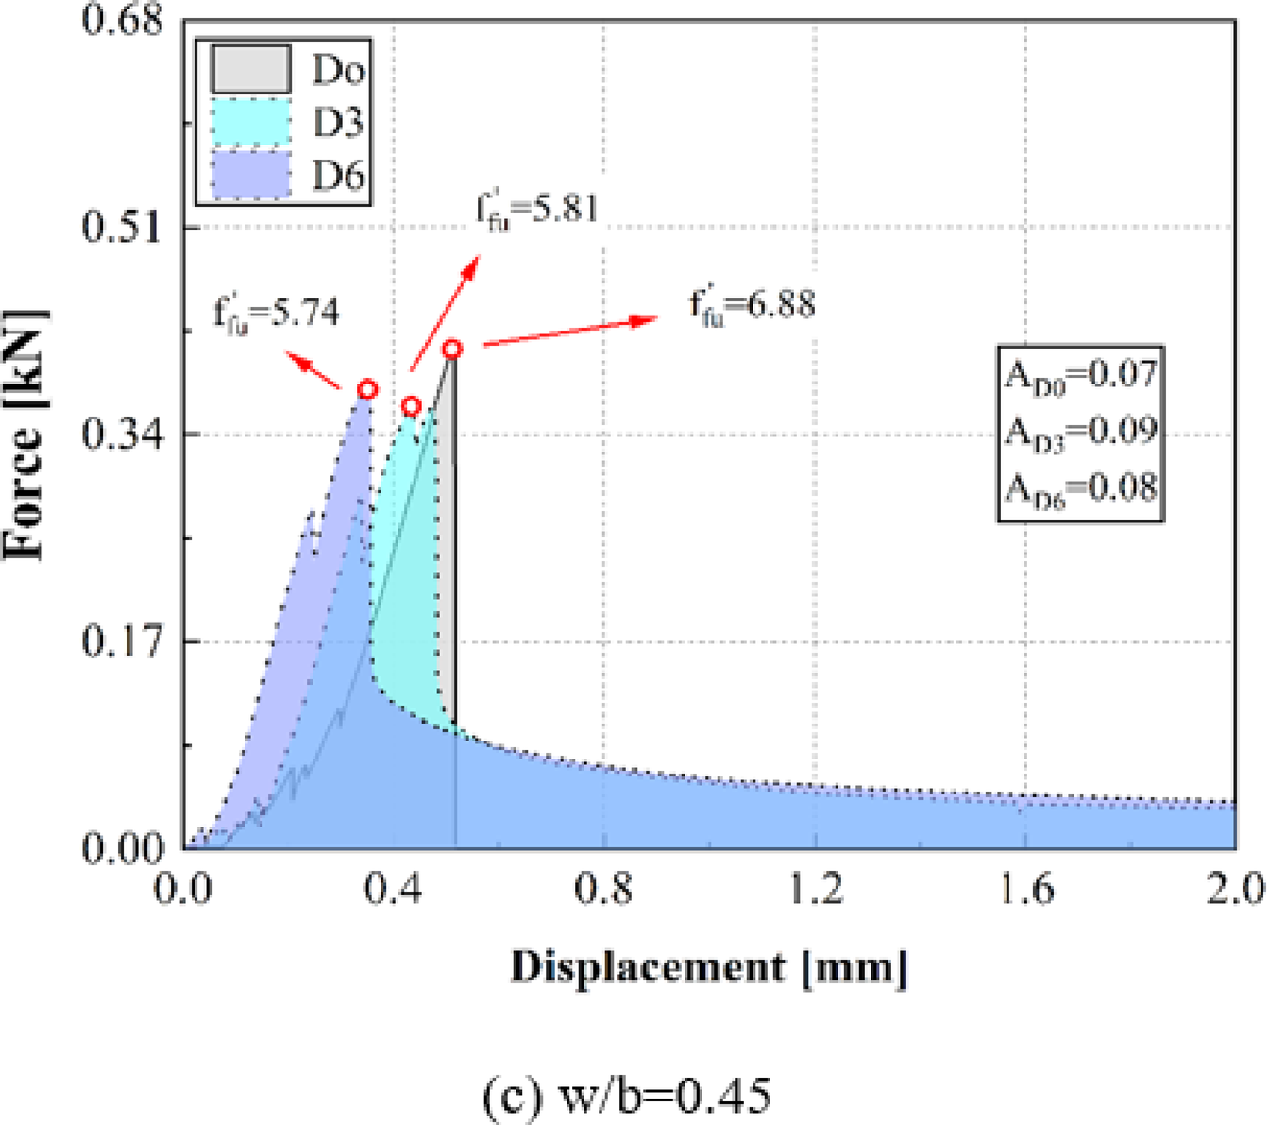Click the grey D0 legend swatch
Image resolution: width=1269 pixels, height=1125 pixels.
pos(250,69)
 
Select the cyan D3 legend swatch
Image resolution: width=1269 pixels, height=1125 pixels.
pos(250,122)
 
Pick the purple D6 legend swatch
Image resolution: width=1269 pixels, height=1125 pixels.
pos(250,175)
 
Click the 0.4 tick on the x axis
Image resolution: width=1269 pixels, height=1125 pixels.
pos(394,889)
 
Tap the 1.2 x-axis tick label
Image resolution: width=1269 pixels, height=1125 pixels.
pos(816,889)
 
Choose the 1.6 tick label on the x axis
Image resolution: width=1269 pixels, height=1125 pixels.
pos(1026,889)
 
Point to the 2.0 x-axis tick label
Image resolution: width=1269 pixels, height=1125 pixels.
pos(1234,889)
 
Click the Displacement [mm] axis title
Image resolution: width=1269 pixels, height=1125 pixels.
pos(709,967)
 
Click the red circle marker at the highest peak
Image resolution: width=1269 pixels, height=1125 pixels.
pos(452,349)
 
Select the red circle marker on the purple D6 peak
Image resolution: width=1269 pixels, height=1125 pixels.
pos(367,389)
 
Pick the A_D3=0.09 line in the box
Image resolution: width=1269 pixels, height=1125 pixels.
pos(1079,432)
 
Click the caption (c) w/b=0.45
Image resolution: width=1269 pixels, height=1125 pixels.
pos(626,1096)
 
